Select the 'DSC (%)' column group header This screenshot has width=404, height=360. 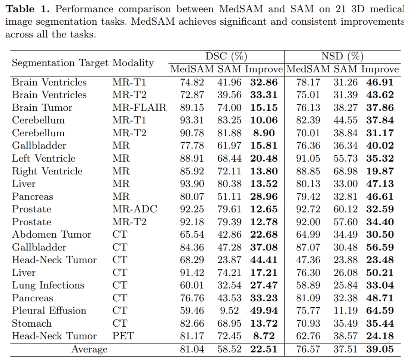point(226,57)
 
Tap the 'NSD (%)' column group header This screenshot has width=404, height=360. point(342,57)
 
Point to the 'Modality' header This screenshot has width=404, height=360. point(133,63)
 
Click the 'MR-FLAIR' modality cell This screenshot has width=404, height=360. point(140,108)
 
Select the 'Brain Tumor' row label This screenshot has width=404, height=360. point(42,108)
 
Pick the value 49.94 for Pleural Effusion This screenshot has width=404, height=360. point(264,311)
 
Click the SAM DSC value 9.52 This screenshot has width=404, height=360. point(229,311)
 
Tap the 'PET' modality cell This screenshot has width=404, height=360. point(123,336)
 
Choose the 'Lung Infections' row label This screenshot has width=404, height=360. point(48,285)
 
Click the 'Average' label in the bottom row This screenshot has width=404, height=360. point(89,350)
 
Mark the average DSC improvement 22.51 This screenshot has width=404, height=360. point(264,350)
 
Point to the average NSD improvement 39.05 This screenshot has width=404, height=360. point(380,350)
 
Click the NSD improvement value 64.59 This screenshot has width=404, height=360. point(380,311)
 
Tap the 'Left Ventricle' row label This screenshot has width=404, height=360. point(44,158)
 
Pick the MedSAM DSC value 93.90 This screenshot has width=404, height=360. point(192,184)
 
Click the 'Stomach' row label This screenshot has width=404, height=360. point(32,323)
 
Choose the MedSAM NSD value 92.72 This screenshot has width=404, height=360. point(308,209)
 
